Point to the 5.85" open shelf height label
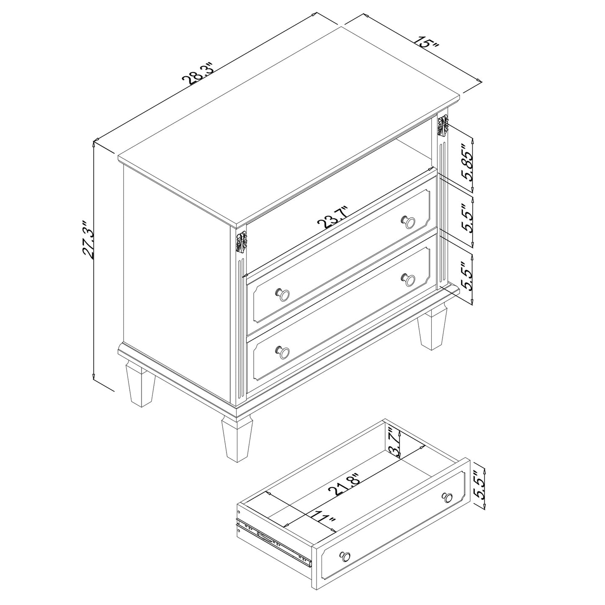(468, 162)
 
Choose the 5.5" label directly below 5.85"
(468, 218)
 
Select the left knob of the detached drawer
(346, 556)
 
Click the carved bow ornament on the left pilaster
(241, 242)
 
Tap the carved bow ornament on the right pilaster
(442, 125)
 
